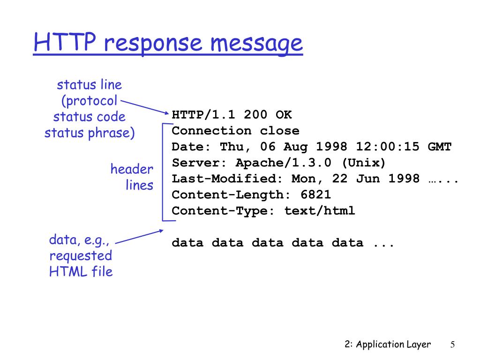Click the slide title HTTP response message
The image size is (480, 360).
[x=168, y=44]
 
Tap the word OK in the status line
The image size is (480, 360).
[x=284, y=115]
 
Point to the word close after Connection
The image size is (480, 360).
[x=280, y=131]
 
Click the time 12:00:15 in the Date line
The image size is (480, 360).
[x=388, y=147]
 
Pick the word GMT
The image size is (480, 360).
[x=440, y=147]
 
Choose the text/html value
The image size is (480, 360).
[x=320, y=210]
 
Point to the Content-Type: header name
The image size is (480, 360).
[x=224, y=210]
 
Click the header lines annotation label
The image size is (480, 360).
[x=132, y=177]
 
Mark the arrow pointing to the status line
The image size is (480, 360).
[x=145, y=106]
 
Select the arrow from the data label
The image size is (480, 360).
[x=139, y=236]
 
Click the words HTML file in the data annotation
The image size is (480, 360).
[x=81, y=271]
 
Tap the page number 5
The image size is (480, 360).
[x=453, y=345]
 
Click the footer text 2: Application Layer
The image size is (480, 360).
[x=387, y=345]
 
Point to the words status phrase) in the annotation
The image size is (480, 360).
[x=90, y=133]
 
